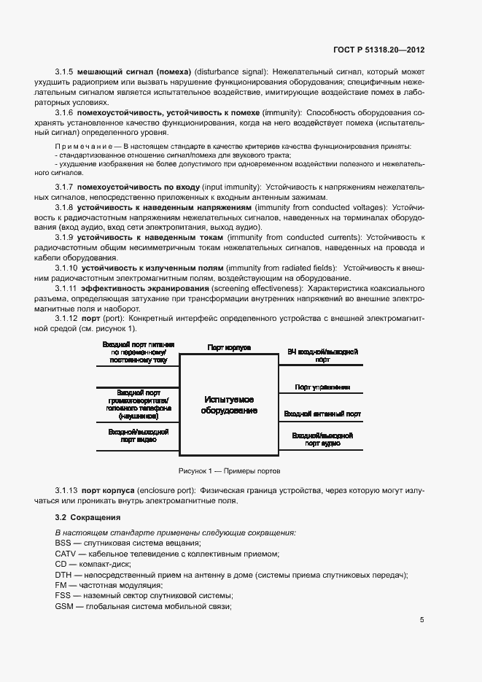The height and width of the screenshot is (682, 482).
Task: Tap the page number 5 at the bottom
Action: pyautogui.click(x=421, y=620)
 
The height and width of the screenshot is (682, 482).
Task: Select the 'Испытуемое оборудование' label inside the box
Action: pyautogui.click(x=229, y=405)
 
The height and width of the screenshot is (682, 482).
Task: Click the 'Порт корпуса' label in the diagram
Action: pyautogui.click(x=229, y=348)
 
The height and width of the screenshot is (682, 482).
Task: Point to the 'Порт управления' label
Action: pyautogui.click(x=322, y=387)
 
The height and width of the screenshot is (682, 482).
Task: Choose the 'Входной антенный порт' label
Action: pyautogui.click(x=322, y=414)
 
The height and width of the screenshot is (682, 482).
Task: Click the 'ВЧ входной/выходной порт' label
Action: pyautogui.click(x=322, y=355)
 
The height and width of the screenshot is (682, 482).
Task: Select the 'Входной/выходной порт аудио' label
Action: pyautogui.click(x=322, y=440)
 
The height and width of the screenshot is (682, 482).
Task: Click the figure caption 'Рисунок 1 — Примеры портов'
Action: pyautogui.click(x=229, y=471)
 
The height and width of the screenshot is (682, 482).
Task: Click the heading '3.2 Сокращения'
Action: pyautogui.click(x=85, y=517)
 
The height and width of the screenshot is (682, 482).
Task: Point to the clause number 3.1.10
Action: pyautogui.click(x=67, y=268)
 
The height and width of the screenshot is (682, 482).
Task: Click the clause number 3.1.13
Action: pyautogui.click(x=67, y=490)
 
